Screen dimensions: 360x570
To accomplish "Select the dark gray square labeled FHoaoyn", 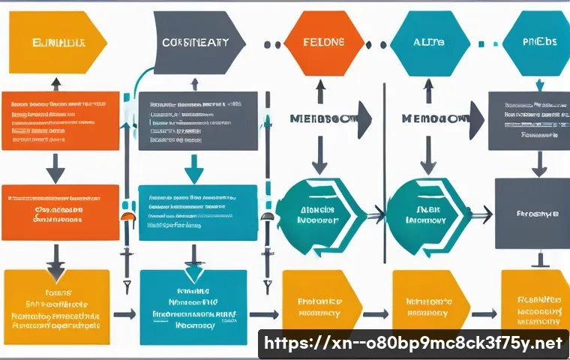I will click(532, 213).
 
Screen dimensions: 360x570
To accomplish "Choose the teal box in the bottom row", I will click(193, 307).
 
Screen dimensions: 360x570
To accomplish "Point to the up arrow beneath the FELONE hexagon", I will click(320, 91).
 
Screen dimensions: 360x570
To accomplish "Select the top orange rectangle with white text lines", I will click(60, 121).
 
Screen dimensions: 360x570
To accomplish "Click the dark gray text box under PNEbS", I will click(529, 121).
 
